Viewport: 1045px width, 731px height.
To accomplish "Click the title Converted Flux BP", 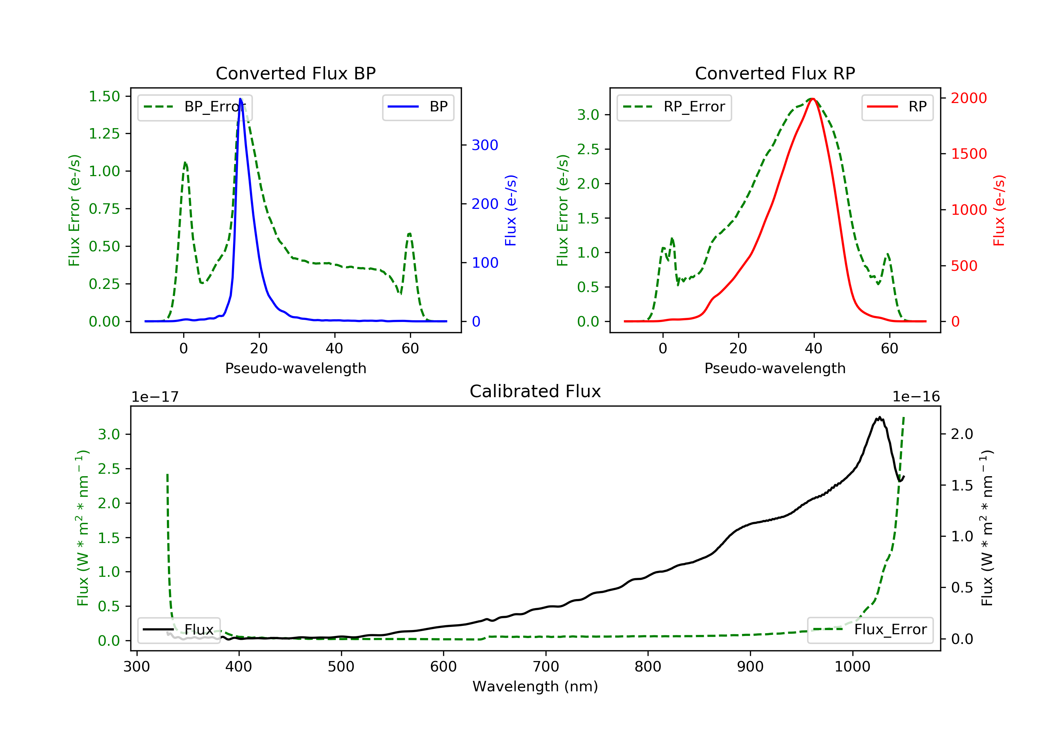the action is pyautogui.click(x=295, y=73).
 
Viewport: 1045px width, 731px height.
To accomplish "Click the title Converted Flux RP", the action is pyautogui.click(x=775, y=73).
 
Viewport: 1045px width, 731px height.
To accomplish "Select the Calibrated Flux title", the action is pyautogui.click(x=535, y=391).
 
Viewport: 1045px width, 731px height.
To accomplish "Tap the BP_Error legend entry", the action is pyautogui.click(x=194, y=107).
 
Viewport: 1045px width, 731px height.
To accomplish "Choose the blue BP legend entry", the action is pyautogui.click(x=418, y=107).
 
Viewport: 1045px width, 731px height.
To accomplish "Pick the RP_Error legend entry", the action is pyautogui.click(x=674, y=107).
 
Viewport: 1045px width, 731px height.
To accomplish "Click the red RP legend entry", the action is pyautogui.click(x=897, y=107).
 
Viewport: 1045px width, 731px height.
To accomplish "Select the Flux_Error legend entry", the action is pyautogui.click(x=870, y=630).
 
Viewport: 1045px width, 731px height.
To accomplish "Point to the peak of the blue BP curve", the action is pyautogui.click(x=240, y=99).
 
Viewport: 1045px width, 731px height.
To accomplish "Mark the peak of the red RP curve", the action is pyautogui.click(x=813, y=99).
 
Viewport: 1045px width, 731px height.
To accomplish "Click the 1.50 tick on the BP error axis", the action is pyautogui.click(x=104, y=96).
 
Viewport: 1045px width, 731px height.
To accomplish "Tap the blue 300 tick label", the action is pyautogui.click(x=485, y=145).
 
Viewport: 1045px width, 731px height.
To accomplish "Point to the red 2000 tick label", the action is pyautogui.click(x=968, y=98).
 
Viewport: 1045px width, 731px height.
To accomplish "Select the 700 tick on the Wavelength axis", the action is pyautogui.click(x=546, y=667).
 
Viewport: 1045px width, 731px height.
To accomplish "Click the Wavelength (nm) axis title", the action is pyautogui.click(x=535, y=686).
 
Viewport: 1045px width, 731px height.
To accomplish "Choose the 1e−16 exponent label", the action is pyautogui.click(x=916, y=397).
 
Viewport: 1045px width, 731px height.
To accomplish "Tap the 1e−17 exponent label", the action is pyautogui.click(x=155, y=397).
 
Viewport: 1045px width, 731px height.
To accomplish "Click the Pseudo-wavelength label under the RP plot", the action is pyautogui.click(x=775, y=368).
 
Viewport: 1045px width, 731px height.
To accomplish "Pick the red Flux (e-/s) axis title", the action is pyautogui.click(x=999, y=211).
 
